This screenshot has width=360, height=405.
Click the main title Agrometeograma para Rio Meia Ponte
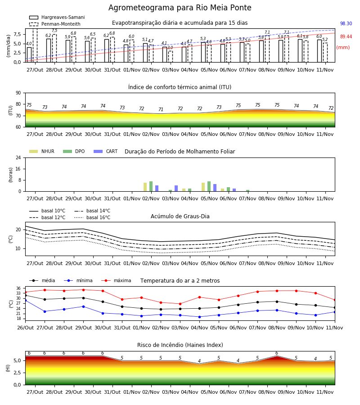(x=180, y=8)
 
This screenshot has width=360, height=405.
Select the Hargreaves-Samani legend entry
(x=57, y=17)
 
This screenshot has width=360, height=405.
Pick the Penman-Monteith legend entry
(x=55, y=24)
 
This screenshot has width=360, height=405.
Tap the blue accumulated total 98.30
(x=346, y=23)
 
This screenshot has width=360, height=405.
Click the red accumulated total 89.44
(x=346, y=37)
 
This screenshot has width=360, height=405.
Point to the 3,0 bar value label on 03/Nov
(x=170, y=48)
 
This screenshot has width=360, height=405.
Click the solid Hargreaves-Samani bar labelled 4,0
(x=29, y=55)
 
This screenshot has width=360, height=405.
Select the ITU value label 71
(x=161, y=109)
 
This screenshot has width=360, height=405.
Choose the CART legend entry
(x=105, y=151)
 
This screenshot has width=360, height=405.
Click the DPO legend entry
(x=74, y=151)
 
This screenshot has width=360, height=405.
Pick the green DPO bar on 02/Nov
(x=151, y=186)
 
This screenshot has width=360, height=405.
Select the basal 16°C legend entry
(x=92, y=217)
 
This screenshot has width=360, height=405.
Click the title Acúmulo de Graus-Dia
(x=180, y=216)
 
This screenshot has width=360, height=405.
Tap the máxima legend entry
(x=117, y=280)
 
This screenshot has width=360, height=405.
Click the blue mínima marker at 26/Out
(x=25, y=301)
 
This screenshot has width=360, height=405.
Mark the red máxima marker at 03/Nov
(x=180, y=304)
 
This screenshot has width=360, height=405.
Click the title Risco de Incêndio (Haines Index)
(x=180, y=345)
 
